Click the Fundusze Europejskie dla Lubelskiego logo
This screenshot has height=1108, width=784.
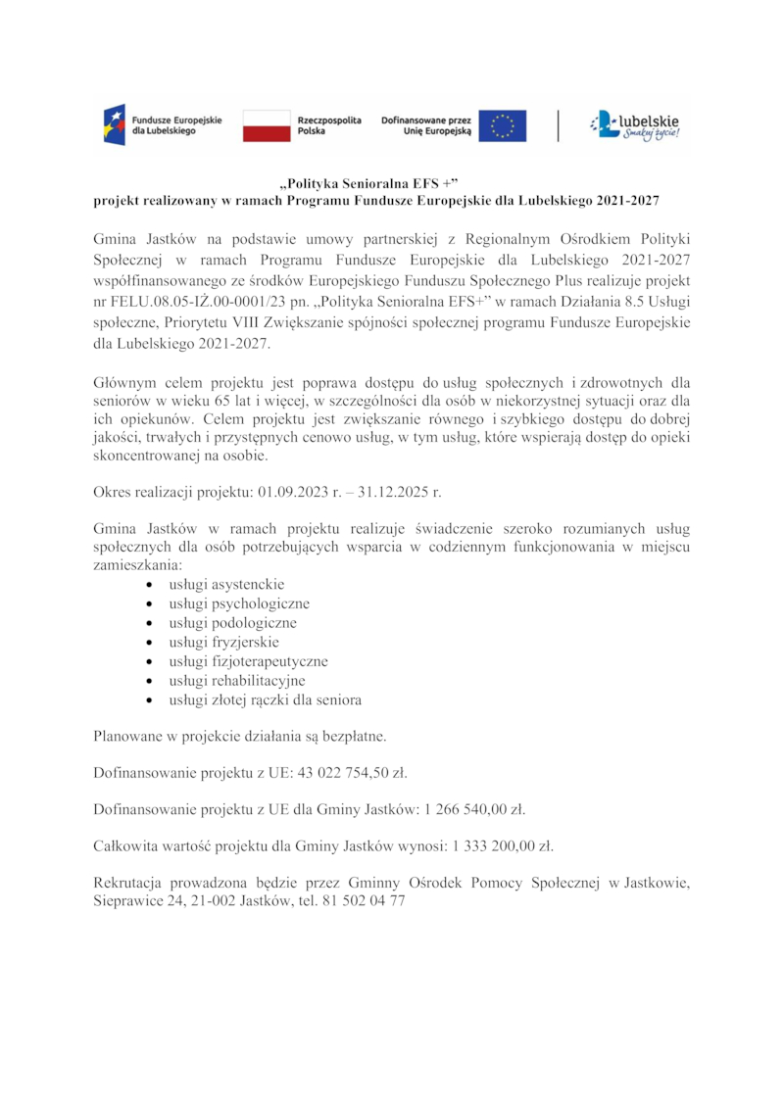(163, 125)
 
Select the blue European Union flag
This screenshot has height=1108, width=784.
(503, 125)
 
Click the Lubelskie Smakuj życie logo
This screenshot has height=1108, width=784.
(634, 125)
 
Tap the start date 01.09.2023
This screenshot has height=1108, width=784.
(294, 491)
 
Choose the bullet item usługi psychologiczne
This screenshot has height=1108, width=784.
(239, 603)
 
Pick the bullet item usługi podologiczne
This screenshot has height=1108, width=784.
(232, 623)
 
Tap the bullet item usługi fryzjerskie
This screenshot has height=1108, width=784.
(223, 643)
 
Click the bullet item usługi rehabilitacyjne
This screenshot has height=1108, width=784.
(237, 681)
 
